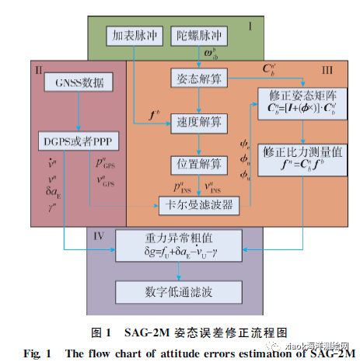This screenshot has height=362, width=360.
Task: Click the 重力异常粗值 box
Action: click(x=180, y=242)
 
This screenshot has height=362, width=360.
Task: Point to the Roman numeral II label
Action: click(x=38, y=69)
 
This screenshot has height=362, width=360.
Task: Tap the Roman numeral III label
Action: click(x=327, y=70)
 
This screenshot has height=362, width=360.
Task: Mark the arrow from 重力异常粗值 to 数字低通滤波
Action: click(x=180, y=268)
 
